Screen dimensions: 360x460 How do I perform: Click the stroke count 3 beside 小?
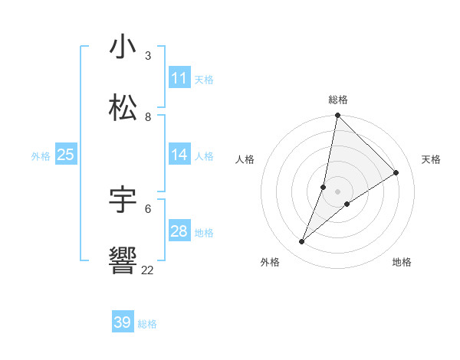pos(147,56)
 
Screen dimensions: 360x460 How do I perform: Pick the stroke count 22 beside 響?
pos(147,270)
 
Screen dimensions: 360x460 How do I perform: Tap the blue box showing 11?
pos(179,78)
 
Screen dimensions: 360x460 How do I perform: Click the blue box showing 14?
pos(179,155)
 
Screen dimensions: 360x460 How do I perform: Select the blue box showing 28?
pos(179,231)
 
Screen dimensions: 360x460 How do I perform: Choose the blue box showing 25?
pos(66,155)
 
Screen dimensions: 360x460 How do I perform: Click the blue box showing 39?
pos(123,322)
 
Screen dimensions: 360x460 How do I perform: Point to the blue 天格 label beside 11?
pos(204,79)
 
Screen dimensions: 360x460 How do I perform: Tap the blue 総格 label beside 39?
pos(147,324)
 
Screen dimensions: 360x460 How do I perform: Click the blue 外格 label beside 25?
pos(41,155)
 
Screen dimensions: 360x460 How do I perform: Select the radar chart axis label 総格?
pos(338,100)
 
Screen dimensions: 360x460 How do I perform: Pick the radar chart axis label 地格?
pos(402,262)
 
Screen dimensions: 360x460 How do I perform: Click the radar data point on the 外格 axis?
pos(302,242)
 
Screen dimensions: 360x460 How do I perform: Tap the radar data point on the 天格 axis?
pos(396,172)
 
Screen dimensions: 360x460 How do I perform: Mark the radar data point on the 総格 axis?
pos(338,116)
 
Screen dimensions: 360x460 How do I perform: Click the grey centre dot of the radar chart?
pos(338,191)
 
